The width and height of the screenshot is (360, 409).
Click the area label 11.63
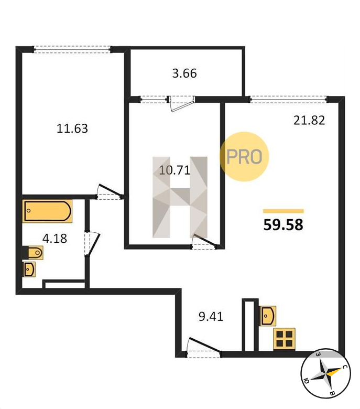(72, 128)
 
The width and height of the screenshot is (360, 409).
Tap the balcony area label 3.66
(184, 73)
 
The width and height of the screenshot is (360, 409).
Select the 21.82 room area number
(309, 120)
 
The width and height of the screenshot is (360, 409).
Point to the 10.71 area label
(174, 170)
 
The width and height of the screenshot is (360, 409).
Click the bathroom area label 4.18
(54, 239)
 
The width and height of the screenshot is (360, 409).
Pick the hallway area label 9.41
(211, 316)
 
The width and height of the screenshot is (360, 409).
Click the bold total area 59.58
(283, 224)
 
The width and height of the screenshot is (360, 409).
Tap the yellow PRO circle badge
(244, 156)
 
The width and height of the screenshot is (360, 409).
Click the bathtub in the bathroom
(47, 211)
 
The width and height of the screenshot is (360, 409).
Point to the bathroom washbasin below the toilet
(29, 269)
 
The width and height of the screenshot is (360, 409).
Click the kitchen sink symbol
(268, 316)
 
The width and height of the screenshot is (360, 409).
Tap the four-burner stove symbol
(284, 339)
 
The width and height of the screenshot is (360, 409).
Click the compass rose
(325, 373)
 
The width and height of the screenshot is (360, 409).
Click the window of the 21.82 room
(288, 99)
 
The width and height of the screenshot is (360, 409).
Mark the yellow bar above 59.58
(283, 211)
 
